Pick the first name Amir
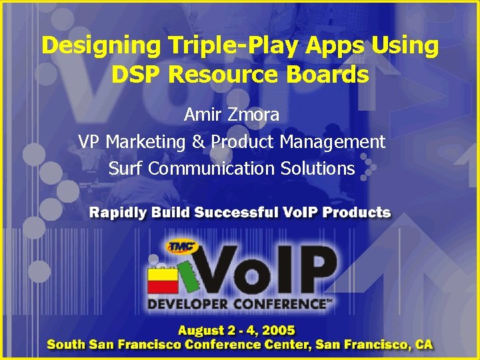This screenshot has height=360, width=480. click(x=201, y=115)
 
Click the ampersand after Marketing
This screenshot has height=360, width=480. click(x=198, y=142)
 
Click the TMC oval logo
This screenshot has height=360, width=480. click(x=182, y=247)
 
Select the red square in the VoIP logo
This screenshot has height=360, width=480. click(x=163, y=285)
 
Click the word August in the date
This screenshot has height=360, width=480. click(x=201, y=331)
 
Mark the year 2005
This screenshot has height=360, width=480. click(x=279, y=331)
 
